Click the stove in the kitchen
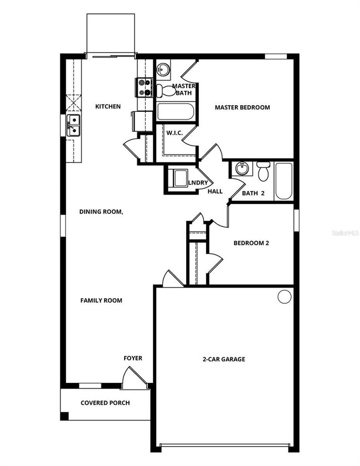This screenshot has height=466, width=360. pyautogui.click(x=144, y=88)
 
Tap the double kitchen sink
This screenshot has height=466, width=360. pyautogui.click(x=73, y=126)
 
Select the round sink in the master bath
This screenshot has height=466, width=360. pyautogui.click(x=162, y=70)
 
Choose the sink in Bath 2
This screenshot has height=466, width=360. pyautogui.click(x=241, y=168)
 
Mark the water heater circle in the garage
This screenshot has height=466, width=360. pyautogui.click(x=284, y=296)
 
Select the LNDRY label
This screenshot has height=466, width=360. pyautogui.click(x=198, y=183)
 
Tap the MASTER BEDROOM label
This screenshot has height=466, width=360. pyautogui.click(x=242, y=107)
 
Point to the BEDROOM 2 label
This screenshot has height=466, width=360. pyautogui.click(x=251, y=243)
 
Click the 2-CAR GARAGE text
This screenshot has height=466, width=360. pyautogui.click(x=224, y=359)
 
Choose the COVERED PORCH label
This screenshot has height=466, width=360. pyautogui.click(x=105, y=403)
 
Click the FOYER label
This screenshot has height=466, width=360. pyautogui.click(x=132, y=358)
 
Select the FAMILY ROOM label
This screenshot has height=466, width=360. pyautogui.click(x=101, y=300)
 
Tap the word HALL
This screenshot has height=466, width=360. pyautogui.click(x=215, y=191)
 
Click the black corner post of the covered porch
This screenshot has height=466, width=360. pyautogui.click(x=64, y=416)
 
